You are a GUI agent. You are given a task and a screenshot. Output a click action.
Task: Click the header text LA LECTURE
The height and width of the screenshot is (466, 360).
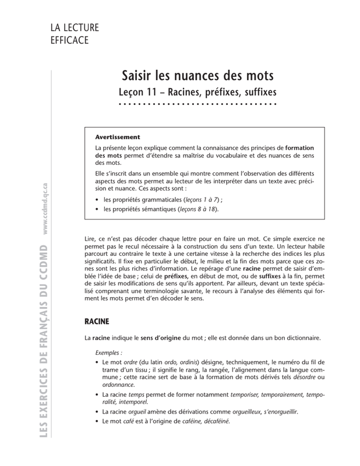75,28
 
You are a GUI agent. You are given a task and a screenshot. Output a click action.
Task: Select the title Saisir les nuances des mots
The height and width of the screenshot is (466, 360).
197,76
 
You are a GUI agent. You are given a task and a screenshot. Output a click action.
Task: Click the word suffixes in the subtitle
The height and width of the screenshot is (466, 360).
254,92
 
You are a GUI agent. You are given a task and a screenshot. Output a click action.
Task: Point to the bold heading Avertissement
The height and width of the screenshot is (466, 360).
118,137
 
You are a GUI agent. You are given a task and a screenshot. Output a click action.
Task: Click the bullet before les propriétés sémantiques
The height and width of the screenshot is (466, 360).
97,209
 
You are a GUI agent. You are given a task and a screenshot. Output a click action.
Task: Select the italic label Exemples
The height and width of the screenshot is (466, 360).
110,353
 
